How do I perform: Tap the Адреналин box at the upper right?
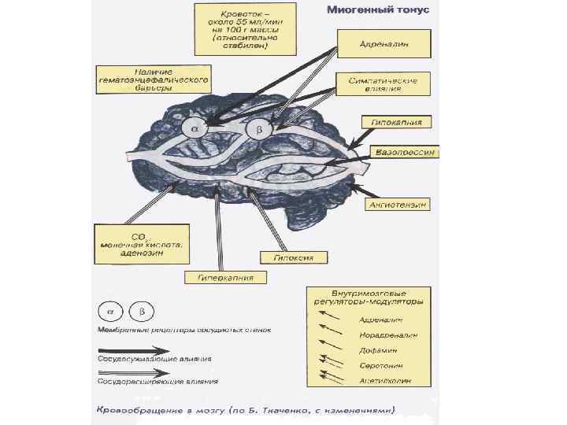pyautogui.click(x=384, y=43)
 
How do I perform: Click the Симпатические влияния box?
pyautogui.click(x=384, y=83)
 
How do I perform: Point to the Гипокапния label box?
pyautogui.click(x=397, y=122)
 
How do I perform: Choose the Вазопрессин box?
pyautogui.click(x=407, y=150)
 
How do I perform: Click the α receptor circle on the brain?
pyautogui.click(x=195, y=128)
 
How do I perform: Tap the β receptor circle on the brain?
pyautogui.click(x=258, y=128)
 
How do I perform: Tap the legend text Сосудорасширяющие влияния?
pyautogui.click(x=157, y=382)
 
